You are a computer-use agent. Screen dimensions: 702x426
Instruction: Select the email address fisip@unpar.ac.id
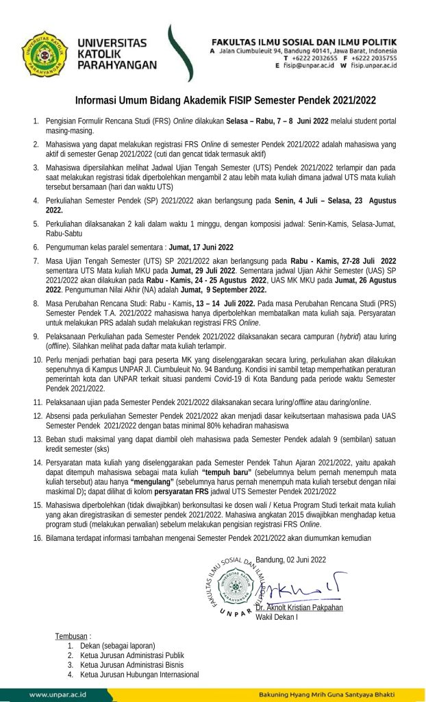[x=308, y=66]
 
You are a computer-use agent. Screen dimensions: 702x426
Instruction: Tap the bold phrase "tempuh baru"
[x=227, y=473]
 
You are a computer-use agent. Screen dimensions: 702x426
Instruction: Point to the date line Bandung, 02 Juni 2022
[x=291, y=559]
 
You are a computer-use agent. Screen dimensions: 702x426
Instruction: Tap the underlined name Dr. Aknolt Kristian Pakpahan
[x=299, y=607]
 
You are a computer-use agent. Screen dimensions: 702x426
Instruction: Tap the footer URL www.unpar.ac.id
[x=58, y=694]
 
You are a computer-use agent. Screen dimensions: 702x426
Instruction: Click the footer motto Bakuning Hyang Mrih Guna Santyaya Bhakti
[x=336, y=694]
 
